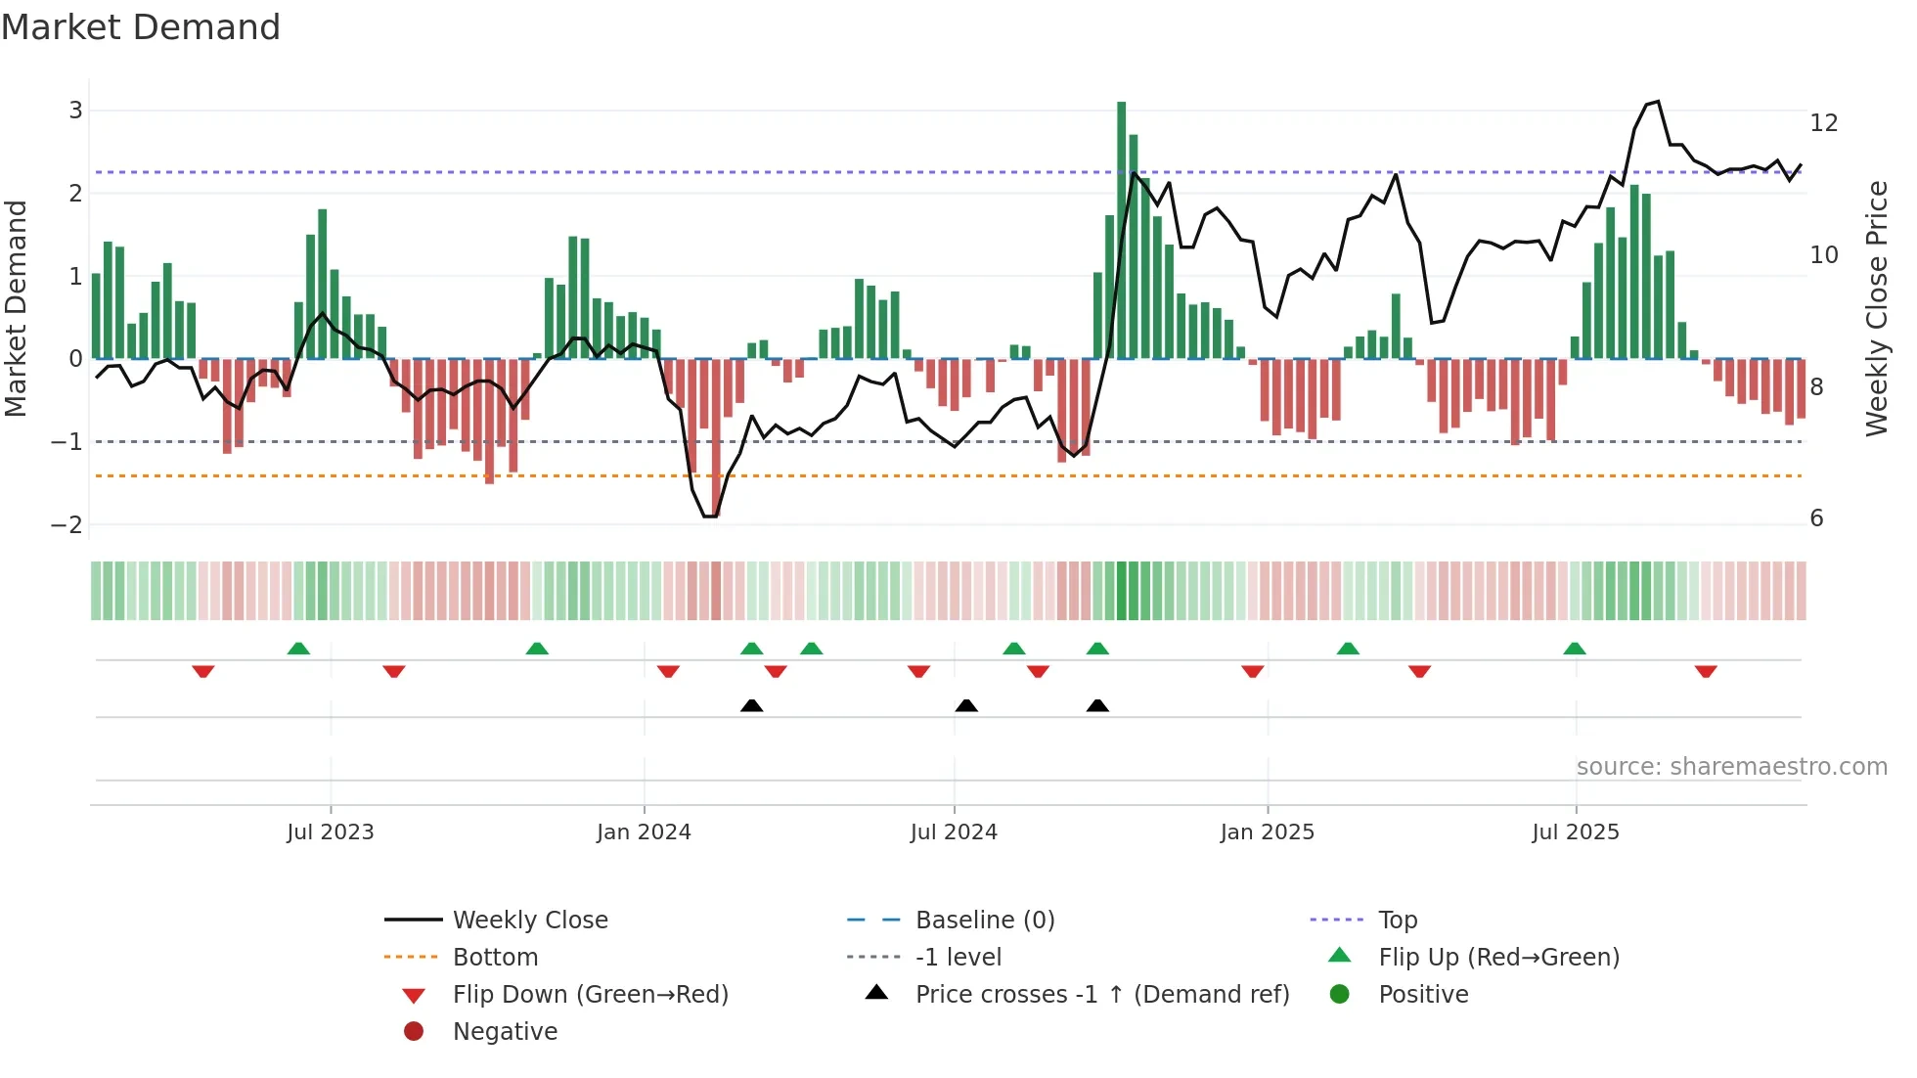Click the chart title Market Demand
(x=141, y=27)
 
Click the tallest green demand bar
(x=1121, y=230)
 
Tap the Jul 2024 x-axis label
(x=954, y=832)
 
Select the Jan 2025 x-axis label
(x=1267, y=832)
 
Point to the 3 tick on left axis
(x=75, y=111)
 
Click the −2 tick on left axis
(x=67, y=525)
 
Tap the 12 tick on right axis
(x=1823, y=123)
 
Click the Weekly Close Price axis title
(x=1876, y=308)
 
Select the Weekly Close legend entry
(x=529, y=921)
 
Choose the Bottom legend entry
(x=495, y=958)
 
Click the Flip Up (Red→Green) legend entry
(x=1498, y=958)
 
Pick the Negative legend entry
(x=505, y=1032)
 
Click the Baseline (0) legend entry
(x=984, y=921)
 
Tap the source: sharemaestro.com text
(x=1731, y=767)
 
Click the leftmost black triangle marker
(x=751, y=705)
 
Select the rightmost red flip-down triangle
(x=1706, y=671)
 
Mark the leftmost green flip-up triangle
(x=298, y=649)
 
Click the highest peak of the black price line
(x=1658, y=102)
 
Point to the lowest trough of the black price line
(x=709, y=517)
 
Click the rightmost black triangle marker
(x=1097, y=705)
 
